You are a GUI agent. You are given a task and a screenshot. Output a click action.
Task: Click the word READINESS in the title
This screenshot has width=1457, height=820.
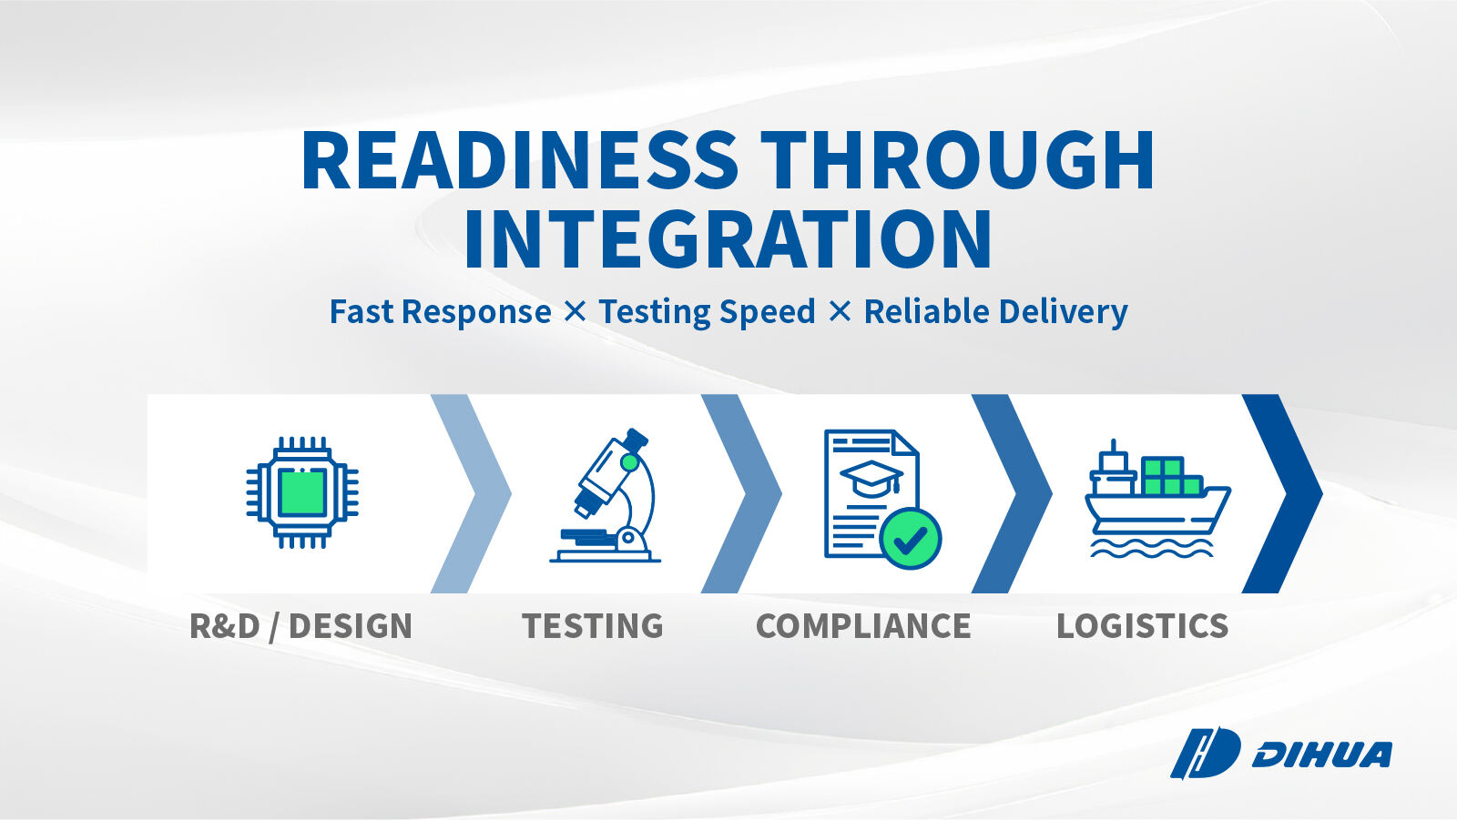click(519, 160)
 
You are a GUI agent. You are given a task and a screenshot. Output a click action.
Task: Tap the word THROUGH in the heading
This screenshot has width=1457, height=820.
click(957, 160)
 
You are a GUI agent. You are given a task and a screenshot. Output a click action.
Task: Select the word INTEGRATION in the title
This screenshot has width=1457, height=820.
click(728, 239)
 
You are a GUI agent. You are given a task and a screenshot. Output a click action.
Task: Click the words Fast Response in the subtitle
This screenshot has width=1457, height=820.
click(441, 311)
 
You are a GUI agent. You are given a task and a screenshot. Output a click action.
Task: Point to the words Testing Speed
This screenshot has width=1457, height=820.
click(707, 312)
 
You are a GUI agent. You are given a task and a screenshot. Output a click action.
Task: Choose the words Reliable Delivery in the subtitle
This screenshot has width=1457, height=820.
click(995, 312)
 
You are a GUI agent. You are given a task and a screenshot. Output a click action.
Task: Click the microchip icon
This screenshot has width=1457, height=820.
click(302, 492)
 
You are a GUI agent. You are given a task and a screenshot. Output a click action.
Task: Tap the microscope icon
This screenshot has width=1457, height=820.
click(605, 495)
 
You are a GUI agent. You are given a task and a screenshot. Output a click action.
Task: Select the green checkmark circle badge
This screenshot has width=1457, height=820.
click(910, 539)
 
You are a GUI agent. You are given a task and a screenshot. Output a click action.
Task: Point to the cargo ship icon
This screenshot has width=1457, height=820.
click(1157, 499)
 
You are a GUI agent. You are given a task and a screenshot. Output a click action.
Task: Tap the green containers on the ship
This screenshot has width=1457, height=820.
click(1171, 476)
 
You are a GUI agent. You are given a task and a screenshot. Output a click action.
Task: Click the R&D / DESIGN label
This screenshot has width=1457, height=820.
click(301, 625)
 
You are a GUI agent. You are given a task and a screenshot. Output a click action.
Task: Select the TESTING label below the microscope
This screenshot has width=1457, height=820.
click(593, 625)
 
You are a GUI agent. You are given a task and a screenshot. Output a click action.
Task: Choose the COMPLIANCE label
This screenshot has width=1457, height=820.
click(863, 625)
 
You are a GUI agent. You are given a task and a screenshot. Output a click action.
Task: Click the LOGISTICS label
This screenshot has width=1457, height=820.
click(1142, 625)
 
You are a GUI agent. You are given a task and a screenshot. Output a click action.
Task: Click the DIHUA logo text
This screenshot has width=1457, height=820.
click(1321, 755)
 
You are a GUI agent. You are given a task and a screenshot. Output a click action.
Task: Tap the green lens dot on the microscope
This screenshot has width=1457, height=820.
click(629, 462)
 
